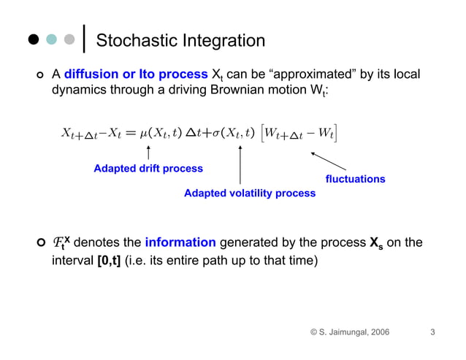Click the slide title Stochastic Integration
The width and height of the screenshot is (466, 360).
click(x=180, y=41)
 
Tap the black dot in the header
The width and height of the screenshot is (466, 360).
click(x=34, y=40)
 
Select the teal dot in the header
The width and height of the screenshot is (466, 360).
click(x=51, y=40)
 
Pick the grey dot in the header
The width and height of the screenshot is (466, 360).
click(x=69, y=40)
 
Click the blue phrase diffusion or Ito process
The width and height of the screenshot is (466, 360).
click(x=136, y=74)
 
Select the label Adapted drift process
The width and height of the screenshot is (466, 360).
click(x=148, y=169)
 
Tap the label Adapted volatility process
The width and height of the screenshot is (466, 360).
click(x=250, y=193)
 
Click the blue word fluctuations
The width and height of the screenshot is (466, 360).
click(x=355, y=179)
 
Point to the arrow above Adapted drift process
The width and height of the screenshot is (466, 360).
click(x=148, y=152)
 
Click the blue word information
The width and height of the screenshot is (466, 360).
click(x=180, y=242)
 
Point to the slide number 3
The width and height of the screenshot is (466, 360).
click(x=432, y=333)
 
